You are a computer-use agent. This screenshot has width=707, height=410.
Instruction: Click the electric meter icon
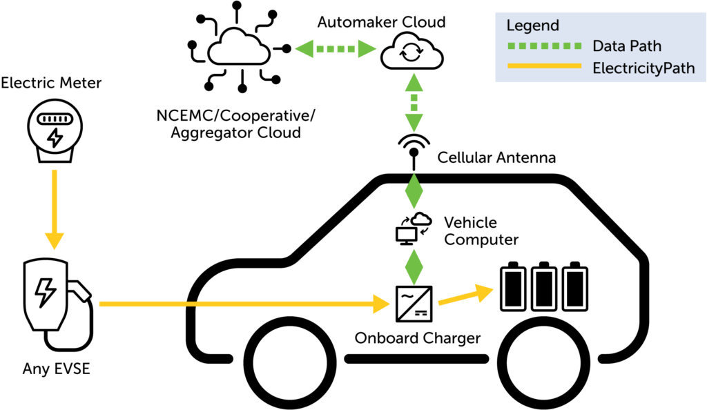(55, 130)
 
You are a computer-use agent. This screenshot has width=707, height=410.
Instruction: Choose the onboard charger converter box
(414, 304)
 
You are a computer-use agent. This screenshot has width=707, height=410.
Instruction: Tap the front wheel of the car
(290, 363)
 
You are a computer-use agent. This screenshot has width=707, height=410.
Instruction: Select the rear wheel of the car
(544, 363)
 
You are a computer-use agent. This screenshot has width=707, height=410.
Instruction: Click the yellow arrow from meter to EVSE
(55, 210)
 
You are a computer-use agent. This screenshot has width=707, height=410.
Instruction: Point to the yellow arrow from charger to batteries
(466, 295)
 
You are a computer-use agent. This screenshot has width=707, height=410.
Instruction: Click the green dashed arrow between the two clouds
(336, 48)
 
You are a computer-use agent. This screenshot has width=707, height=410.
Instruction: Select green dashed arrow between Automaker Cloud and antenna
(414, 102)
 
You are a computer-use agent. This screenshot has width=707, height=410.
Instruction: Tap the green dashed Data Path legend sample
(544, 46)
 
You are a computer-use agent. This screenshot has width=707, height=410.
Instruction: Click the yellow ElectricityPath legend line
(544, 66)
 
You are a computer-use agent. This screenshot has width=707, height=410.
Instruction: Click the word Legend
(532, 26)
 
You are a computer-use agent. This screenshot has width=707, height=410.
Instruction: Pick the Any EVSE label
(57, 369)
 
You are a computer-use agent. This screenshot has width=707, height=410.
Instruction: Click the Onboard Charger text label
(418, 338)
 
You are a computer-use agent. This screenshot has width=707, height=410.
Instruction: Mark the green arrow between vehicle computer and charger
(414, 267)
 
